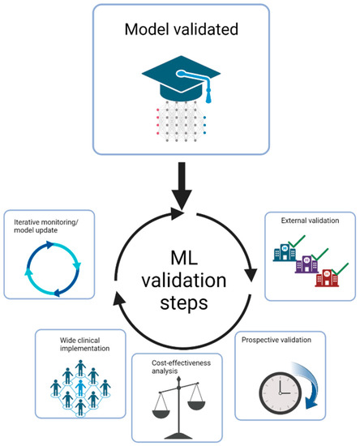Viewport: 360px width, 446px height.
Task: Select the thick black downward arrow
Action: coord(179,186)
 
